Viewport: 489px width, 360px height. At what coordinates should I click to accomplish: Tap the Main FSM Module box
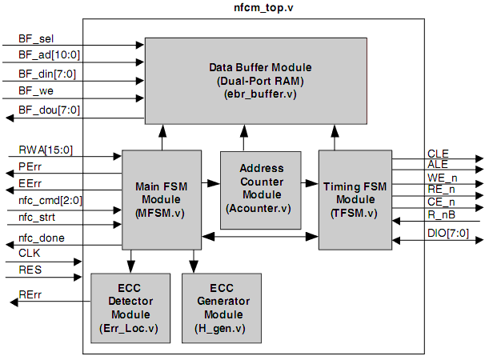(162, 199)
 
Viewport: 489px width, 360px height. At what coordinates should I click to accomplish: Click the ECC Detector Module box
(130, 308)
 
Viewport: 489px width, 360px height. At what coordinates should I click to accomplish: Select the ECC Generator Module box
(222, 308)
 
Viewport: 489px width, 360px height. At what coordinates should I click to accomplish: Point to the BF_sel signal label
(36, 38)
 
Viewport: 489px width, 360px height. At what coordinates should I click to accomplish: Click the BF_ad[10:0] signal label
(49, 56)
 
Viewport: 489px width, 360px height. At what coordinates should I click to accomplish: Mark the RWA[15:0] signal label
(45, 149)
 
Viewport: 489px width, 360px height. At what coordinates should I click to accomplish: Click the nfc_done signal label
(42, 238)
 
